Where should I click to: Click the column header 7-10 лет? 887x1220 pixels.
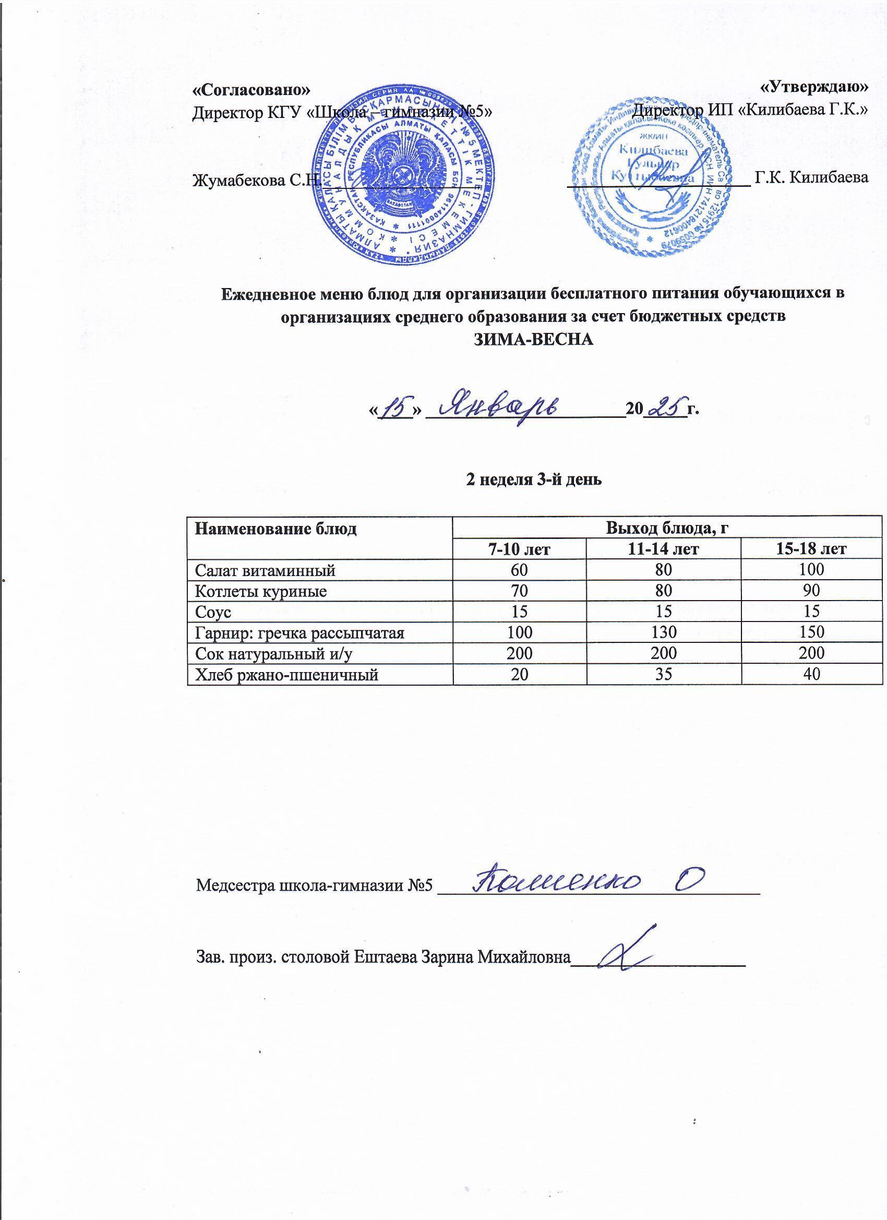tap(520, 548)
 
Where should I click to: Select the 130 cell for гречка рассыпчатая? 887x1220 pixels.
tap(663, 632)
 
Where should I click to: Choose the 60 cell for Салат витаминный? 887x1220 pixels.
tap(520, 570)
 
